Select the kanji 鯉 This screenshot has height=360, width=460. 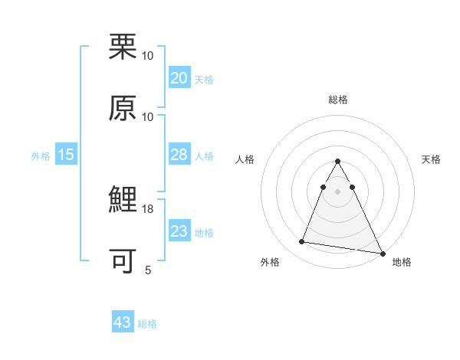[x=123, y=201]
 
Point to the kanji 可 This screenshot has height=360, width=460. [x=123, y=261]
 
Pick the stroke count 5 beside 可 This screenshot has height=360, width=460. [x=148, y=270]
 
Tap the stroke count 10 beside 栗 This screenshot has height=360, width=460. [x=148, y=56]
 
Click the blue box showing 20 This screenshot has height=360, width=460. [x=179, y=78]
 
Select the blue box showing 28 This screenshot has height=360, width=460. [x=179, y=155]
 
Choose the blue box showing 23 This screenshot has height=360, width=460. [x=179, y=231]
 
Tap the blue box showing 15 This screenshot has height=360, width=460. [x=66, y=155]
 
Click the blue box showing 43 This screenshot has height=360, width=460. [x=123, y=322]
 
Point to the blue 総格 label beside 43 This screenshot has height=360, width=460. [x=147, y=324]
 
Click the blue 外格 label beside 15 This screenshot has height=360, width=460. [x=41, y=156]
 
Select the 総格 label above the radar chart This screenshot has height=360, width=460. [x=338, y=100]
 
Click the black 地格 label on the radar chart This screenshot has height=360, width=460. [x=402, y=262]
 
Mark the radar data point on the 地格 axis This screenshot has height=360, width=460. [x=383, y=254]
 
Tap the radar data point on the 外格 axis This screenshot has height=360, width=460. [x=302, y=242]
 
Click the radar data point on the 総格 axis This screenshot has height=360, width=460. [x=338, y=162]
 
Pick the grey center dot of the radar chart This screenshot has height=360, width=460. [x=338, y=191]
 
